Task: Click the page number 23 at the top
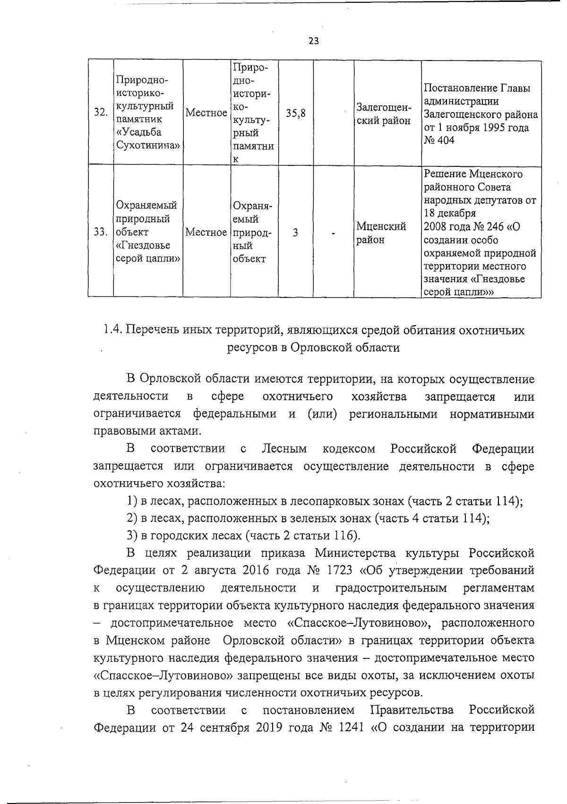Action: click(x=314, y=41)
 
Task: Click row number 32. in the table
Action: click(x=100, y=113)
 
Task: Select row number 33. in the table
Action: click(x=100, y=232)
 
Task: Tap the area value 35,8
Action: click(x=296, y=113)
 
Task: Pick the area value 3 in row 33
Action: click(x=295, y=232)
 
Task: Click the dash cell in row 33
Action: click(x=334, y=233)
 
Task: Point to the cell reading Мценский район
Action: click(x=381, y=233)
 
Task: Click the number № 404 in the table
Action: click(x=439, y=140)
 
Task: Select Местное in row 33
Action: click(x=206, y=232)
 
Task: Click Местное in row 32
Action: click(x=206, y=113)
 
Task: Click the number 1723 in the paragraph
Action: click(x=339, y=570)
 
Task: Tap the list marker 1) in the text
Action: click(x=133, y=501)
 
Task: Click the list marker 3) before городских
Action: click(x=133, y=536)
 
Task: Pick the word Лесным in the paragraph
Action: click(x=284, y=448)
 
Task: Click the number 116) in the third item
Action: click(x=347, y=536)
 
